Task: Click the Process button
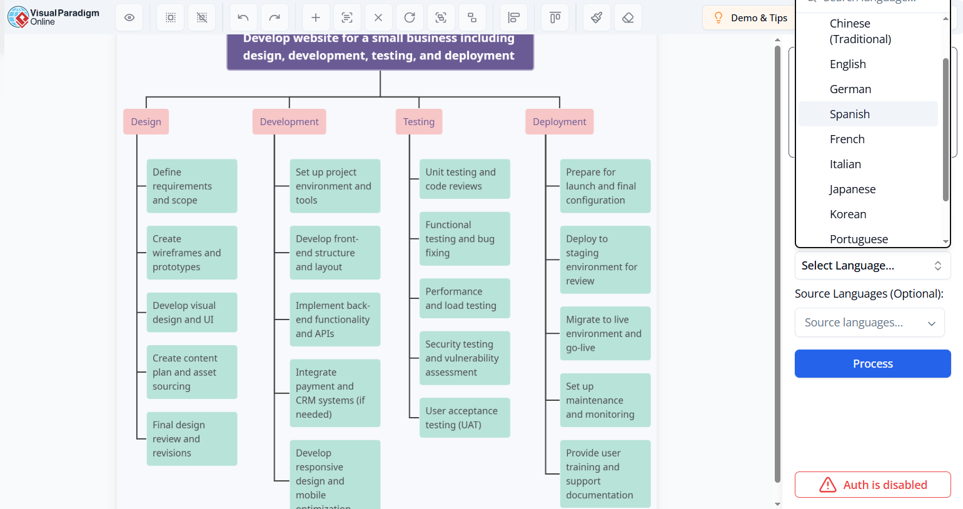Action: (872, 363)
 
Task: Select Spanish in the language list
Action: (849, 114)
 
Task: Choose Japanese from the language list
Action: (852, 189)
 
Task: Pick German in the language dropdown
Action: (850, 89)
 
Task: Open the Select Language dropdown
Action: (872, 266)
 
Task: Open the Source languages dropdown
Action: (869, 323)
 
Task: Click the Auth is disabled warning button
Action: (872, 485)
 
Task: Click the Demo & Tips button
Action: (750, 18)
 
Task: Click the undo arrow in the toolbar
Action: (243, 18)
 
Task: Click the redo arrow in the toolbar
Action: (275, 18)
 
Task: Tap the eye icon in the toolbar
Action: (129, 18)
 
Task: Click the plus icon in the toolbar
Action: (316, 18)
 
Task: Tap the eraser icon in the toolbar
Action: (628, 18)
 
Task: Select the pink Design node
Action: (146, 122)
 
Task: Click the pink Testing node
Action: (418, 122)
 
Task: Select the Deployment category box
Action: (559, 122)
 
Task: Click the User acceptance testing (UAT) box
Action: (464, 418)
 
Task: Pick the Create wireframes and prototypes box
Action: (191, 253)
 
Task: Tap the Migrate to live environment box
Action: (605, 333)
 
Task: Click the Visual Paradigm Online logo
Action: (53, 17)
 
